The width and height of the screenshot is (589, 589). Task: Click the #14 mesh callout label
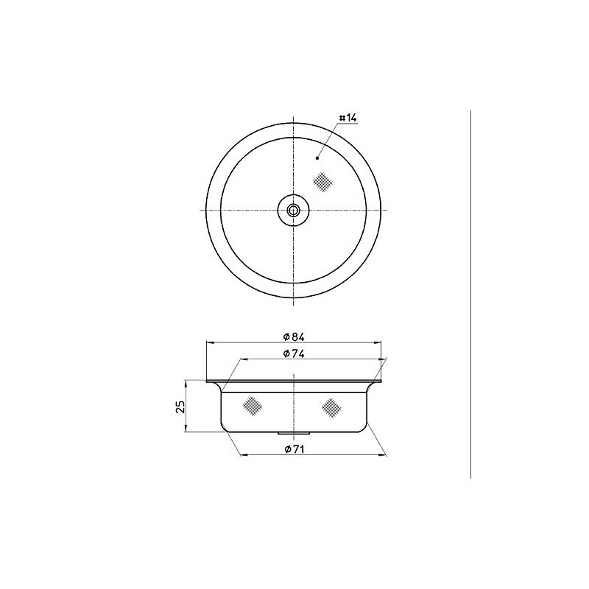point(348,118)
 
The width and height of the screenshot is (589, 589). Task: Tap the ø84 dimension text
point(294,337)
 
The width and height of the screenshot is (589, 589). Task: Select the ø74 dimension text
point(294,354)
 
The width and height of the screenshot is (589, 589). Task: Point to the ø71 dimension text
point(294,449)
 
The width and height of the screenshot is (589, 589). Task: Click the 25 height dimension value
point(180,406)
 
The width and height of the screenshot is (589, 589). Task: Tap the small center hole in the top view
point(293,210)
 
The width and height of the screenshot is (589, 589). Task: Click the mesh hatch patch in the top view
point(322,182)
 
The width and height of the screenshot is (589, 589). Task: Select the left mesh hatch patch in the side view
point(253,406)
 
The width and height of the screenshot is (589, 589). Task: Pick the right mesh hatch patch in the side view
point(331,407)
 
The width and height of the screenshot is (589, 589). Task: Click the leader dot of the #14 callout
point(317,158)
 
